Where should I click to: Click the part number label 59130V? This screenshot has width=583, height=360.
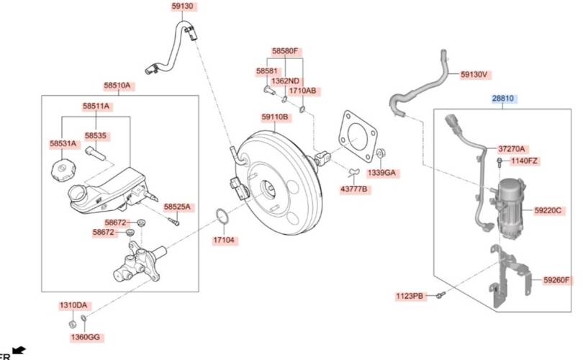tap(474, 74)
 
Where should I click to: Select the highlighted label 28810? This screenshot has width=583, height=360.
tap(504, 98)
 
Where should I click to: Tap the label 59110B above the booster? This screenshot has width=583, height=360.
tap(274, 117)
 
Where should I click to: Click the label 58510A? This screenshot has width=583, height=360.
tap(117, 86)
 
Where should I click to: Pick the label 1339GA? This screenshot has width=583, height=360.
tap(382, 174)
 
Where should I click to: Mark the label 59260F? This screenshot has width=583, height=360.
tap(556, 280)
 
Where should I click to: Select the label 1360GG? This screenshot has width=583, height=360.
tap(86, 337)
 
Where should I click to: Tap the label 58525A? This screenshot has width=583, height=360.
tap(178, 207)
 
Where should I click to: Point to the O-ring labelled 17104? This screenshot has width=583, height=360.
tap(222, 215)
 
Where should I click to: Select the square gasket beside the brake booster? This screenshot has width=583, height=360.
tap(357, 135)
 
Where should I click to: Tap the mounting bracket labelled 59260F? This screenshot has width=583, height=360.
tap(507, 277)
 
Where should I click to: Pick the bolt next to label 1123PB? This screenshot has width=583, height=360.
tap(443, 294)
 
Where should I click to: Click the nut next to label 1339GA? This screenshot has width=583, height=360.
tap(381, 153)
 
